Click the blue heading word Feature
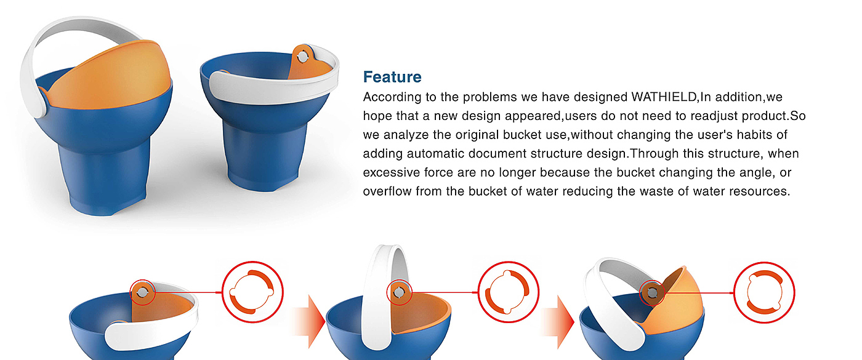392,77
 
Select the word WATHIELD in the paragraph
664,97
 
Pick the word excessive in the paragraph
391,172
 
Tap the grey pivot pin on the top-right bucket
303,57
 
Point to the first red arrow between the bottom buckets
310,321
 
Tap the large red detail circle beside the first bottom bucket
253,263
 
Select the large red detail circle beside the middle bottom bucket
509,263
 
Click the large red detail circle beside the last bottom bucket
764,264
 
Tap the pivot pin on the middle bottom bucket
399,293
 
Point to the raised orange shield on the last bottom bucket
677,304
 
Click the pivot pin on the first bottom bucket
142,293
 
